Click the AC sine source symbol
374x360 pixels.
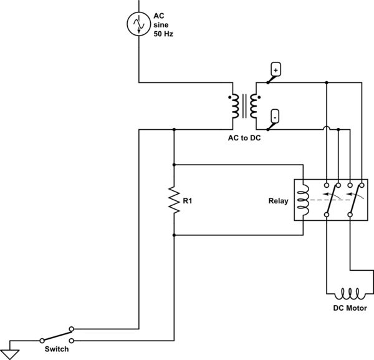[x=137, y=24]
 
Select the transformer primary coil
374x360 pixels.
[x=234, y=107]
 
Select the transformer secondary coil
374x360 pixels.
[x=254, y=107]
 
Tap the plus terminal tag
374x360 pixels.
[x=276, y=69]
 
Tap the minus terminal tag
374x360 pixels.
[x=276, y=116]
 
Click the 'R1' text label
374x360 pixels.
[x=188, y=201]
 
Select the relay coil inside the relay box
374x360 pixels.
[x=303, y=201]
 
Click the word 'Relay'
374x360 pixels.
[x=279, y=201]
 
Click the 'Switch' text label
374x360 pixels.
[x=57, y=349]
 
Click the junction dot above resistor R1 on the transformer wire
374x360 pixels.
[x=175, y=130]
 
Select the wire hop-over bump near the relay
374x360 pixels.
[x=326, y=130]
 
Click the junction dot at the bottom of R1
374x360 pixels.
[x=175, y=235]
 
